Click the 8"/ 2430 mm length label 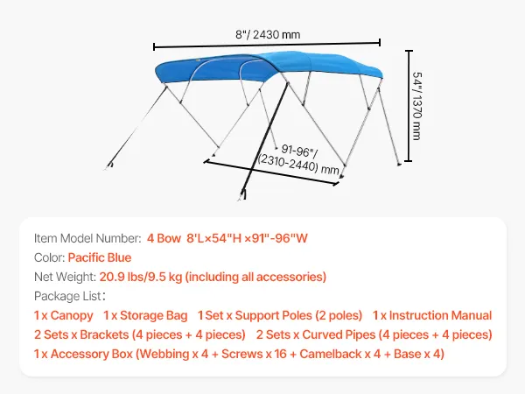[268, 34]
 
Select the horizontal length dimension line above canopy [267, 44]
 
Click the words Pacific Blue [99, 257]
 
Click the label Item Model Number [87, 238]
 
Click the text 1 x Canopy [63, 315]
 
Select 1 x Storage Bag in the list [144, 315]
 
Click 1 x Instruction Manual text [432, 315]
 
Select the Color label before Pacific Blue [48, 257]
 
